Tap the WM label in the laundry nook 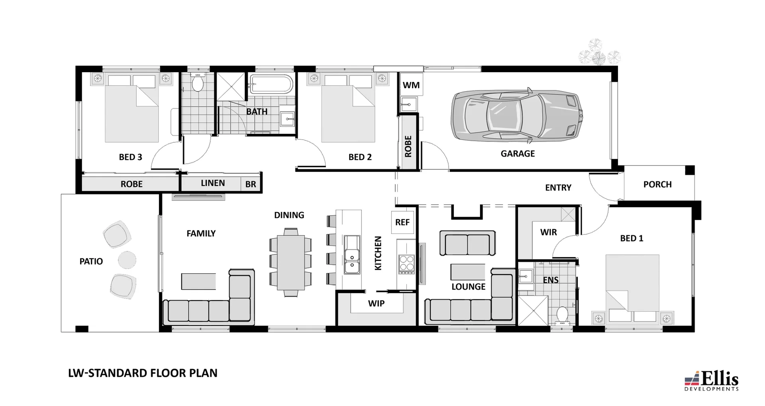pyautogui.click(x=411, y=85)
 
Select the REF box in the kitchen pyautogui.click(x=402, y=222)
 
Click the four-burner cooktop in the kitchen pyautogui.click(x=406, y=263)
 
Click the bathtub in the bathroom pyautogui.click(x=271, y=84)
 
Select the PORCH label pyautogui.click(x=657, y=184)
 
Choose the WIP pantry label pyautogui.click(x=376, y=304)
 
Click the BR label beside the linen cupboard pyautogui.click(x=251, y=184)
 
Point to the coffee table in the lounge pyautogui.click(x=468, y=272)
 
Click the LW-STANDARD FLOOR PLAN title pyautogui.click(x=143, y=373)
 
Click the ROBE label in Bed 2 pyautogui.click(x=408, y=147)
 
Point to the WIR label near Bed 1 pyautogui.click(x=548, y=232)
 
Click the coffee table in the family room pyautogui.click(x=198, y=281)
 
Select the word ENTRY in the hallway pyautogui.click(x=558, y=188)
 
